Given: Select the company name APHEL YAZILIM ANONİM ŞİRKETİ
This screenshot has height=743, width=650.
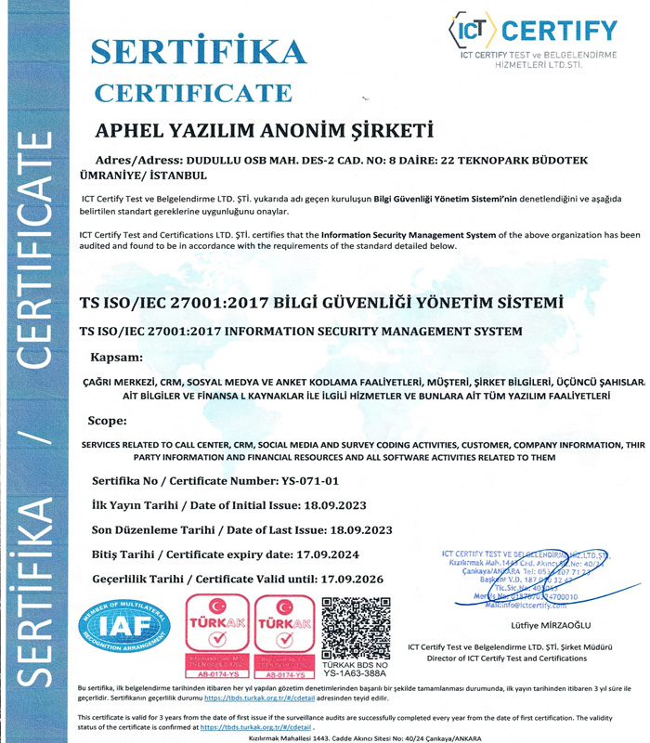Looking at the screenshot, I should [x=265, y=130].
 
